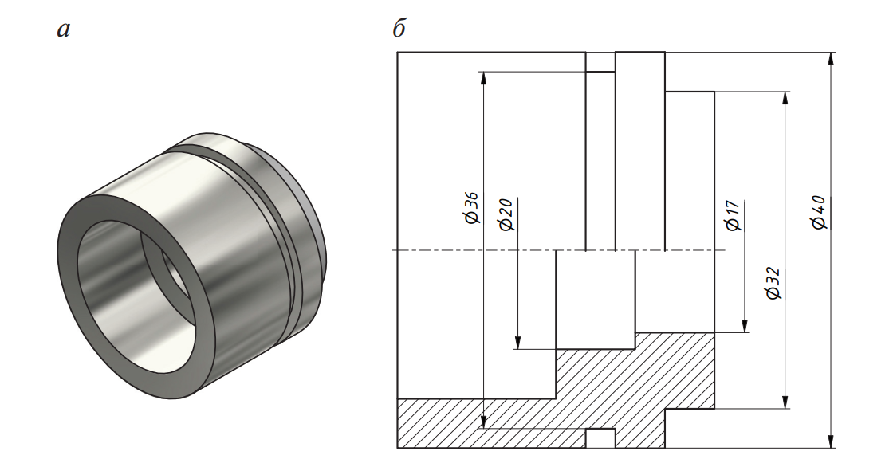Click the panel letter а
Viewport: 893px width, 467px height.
pyautogui.click(x=64, y=29)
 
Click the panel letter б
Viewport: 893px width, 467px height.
pyautogui.click(x=399, y=27)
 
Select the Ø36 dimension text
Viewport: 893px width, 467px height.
pyautogui.click(x=471, y=208)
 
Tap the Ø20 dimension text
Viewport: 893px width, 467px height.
pyautogui.click(x=506, y=214)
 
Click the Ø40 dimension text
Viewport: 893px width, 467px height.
pyautogui.click(x=820, y=212)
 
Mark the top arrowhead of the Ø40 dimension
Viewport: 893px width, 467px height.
pyautogui.click(x=832, y=59)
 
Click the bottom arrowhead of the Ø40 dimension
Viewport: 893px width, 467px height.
pyautogui.click(x=832, y=442)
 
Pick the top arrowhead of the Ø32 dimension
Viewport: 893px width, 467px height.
pyautogui.click(x=786, y=98)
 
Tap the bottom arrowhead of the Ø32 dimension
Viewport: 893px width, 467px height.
pyautogui.click(x=786, y=402)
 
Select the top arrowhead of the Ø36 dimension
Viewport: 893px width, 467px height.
pyautogui.click(x=483, y=78)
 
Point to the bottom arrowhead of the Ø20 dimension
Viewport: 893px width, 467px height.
pyautogui.click(x=517, y=342)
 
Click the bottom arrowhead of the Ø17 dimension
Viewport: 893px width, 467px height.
pyautogui.click(x=745, y=326)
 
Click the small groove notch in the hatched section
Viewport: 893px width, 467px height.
pyautogui.click(x=601, y=438)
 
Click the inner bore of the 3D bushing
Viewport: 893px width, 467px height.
pyautogui.click(x=136, y=296)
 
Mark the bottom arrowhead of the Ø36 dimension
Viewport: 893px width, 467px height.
pyautogui.click(x=483, y=422)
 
